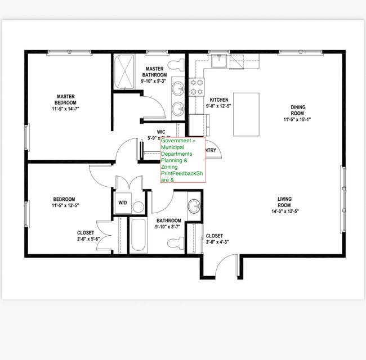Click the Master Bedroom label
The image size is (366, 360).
[65, 99]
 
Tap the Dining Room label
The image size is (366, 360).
[297, 110]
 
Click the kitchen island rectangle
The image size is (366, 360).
[246, 115]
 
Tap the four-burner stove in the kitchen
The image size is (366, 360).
[197, 87]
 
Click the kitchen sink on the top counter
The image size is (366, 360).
[219, 61]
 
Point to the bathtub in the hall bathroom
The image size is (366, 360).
[138, 235]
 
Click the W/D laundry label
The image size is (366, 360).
[122, 202]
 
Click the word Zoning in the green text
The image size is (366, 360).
[169, 167]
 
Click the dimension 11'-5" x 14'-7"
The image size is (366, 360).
[65, 109]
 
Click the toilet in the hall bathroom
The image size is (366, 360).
[176, 243]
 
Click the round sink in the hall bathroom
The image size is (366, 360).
[194, 205]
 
